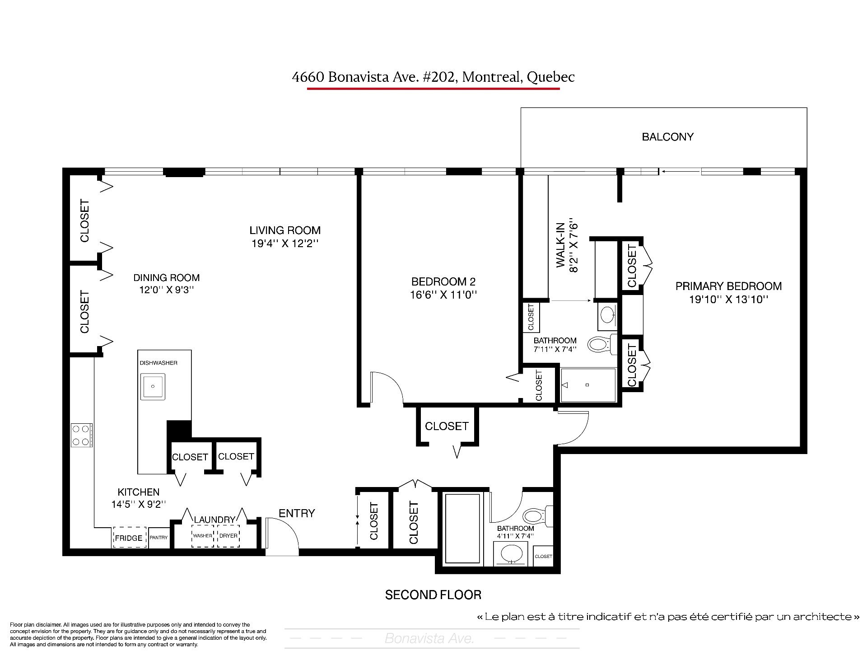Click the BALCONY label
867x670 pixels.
pos(667,137)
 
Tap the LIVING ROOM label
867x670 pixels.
pos(285,230)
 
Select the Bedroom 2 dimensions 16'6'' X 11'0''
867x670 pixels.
pos(443,295)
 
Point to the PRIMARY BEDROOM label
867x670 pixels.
pos(728,286)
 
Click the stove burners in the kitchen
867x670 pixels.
pos(82,436)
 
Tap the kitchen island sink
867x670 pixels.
pos(153,386)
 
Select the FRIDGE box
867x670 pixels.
pos(129,538)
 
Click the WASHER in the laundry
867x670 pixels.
pos(203,536)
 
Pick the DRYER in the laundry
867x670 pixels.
pos(228,536)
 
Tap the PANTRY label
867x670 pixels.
pos(158,538)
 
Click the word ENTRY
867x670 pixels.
pos(297,513)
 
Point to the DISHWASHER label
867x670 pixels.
pos(158,363)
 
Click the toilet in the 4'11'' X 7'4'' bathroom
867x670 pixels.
pos(537,516)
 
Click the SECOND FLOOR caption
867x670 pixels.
pos(433,595)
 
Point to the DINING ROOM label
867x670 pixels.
pos(166,278)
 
